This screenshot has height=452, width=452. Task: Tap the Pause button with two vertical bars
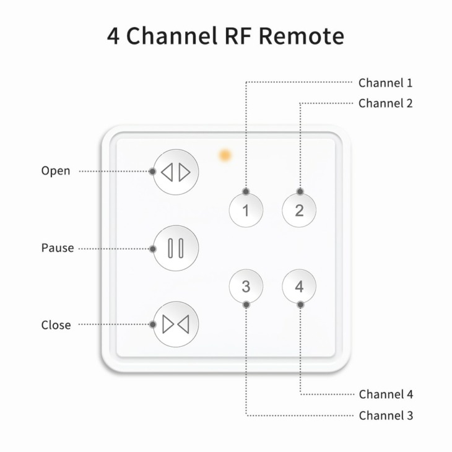(x=176, y=248)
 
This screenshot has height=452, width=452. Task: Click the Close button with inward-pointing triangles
(x=176, y=324)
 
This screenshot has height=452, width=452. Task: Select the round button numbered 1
(x=246, y=210)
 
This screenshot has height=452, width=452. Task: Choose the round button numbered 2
(x=299, y=210)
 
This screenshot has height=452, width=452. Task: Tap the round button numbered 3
(x=246, y=286)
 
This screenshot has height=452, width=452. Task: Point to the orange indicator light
(x=225, y=155)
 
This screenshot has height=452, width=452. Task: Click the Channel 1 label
(x=385, y=83)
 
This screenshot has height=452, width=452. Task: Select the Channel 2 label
(x=385, y=103)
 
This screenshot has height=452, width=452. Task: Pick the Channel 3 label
(x=386, y=415)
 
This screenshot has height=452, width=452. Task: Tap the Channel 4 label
(x=386, y=394)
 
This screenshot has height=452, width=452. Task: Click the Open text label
(x=56, y=171)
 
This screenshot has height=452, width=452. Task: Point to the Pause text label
(x=58, y=248)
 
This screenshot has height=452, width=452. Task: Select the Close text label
(x=56, y=325)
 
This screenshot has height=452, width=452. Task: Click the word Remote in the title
(x=302, y=36)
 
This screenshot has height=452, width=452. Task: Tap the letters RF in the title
(x=238, y=36)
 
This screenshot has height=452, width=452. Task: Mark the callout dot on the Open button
(x=152, y=172)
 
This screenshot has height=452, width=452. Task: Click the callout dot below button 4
(x=300, y=305)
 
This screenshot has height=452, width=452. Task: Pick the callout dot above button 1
(x=246, y=191)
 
